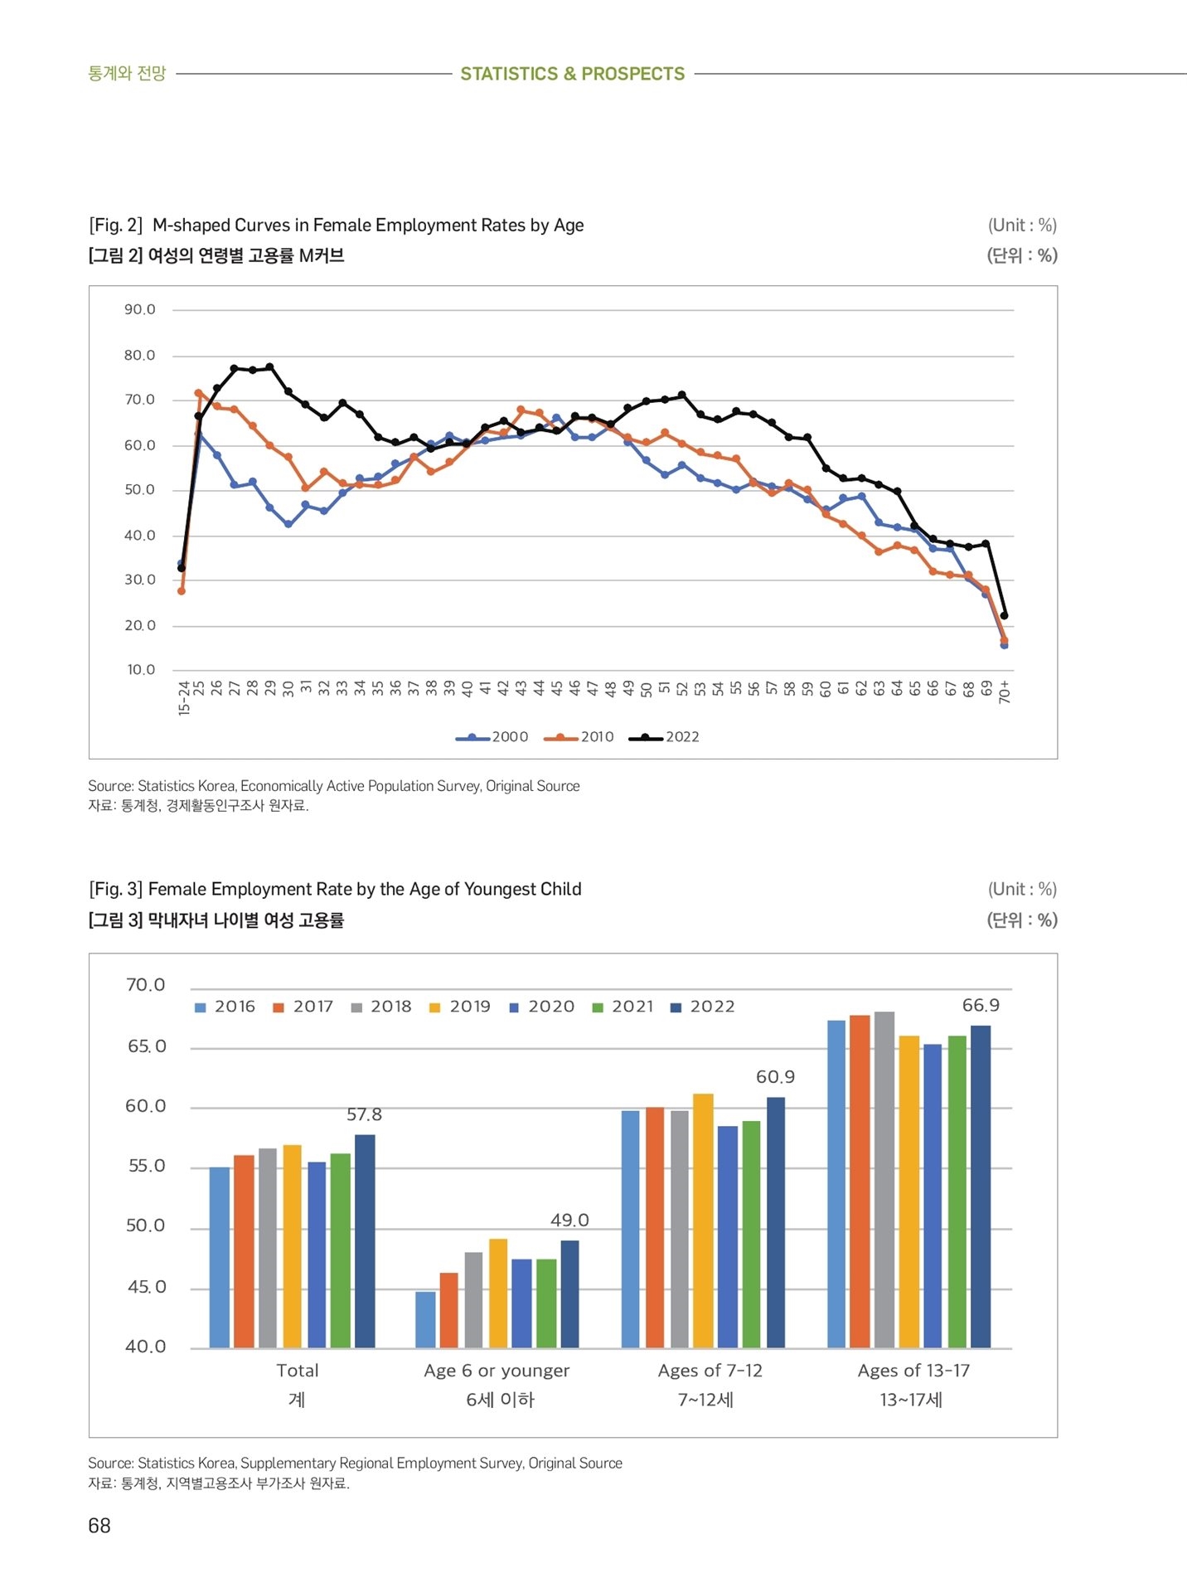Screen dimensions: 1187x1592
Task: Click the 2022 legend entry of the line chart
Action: tap(664, 737)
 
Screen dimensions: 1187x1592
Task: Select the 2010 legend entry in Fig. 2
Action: tap(579, 737)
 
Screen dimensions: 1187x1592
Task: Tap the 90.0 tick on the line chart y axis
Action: tap(140, 309)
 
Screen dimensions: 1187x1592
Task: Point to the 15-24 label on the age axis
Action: tap(184, 697)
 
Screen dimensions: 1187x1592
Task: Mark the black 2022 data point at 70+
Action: tap(1005, 615)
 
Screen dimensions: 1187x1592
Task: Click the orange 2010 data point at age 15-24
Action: tap(182, 590)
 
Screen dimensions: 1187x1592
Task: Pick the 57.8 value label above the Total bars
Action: tap(364, 1114)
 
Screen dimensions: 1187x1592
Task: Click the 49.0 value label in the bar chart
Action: tap(569, 1220)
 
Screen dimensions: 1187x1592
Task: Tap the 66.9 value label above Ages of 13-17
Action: tap(981, 1005)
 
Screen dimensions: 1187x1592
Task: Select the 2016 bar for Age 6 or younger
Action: tap(425, 1319)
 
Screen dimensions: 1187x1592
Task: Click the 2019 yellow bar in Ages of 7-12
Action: tap(703, 1221)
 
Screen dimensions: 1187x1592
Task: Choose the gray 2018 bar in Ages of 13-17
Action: tap(884, 1179)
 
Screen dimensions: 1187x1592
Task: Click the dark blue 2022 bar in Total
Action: tap(365, 1240)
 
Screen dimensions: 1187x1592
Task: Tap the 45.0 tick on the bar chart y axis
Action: tap(147, 1287)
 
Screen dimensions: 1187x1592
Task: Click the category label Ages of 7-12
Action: tap(710, 1370)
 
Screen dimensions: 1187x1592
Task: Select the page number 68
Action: tap(99, 1526)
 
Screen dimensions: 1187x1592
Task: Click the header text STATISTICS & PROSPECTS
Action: tap(573, 74)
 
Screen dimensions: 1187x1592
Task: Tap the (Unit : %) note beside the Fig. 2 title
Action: tap(1022, 225)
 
